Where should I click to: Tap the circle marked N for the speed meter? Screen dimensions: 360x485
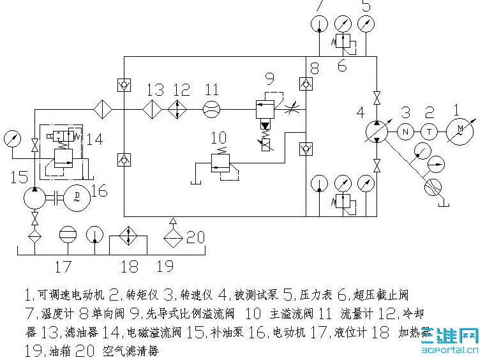(x=405, y=131)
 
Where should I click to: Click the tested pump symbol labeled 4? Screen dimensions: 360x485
(x=377, y=132)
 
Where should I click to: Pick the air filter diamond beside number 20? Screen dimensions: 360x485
(x=172, y=238)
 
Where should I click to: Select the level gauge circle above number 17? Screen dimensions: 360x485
(x=67, y=234)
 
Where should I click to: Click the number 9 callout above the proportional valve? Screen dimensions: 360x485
(x=269, y=79)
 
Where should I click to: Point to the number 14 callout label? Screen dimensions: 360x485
(x=94, y=139)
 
